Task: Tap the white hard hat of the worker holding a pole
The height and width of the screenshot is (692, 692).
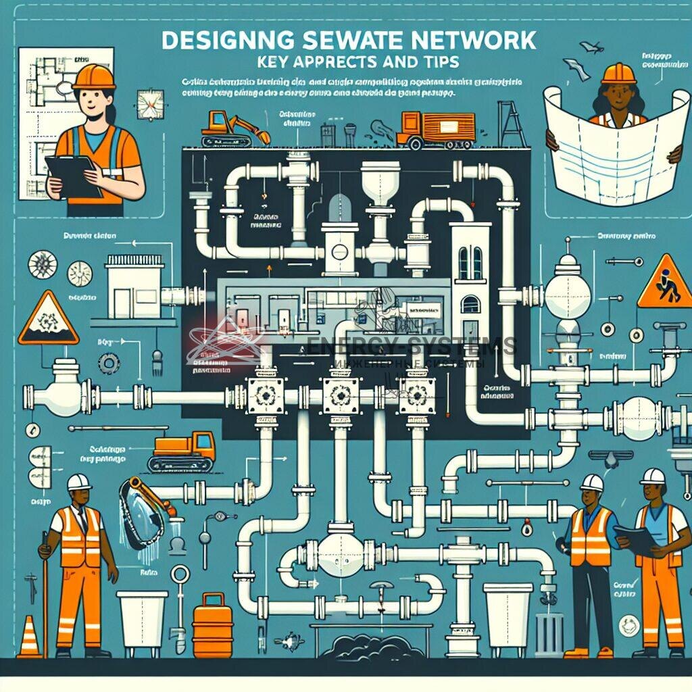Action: coord(79,482)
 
